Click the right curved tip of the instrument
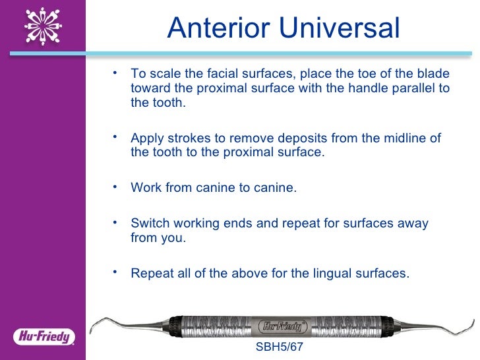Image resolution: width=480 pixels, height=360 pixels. tap(469, 325)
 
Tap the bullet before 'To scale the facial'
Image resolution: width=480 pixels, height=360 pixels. tap(115, 71)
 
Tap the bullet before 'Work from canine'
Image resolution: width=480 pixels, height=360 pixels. tap(115, 185)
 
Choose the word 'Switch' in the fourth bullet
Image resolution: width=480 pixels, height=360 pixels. tap(149, 223)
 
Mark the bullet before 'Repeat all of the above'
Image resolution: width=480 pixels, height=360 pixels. tap(115, 270)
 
